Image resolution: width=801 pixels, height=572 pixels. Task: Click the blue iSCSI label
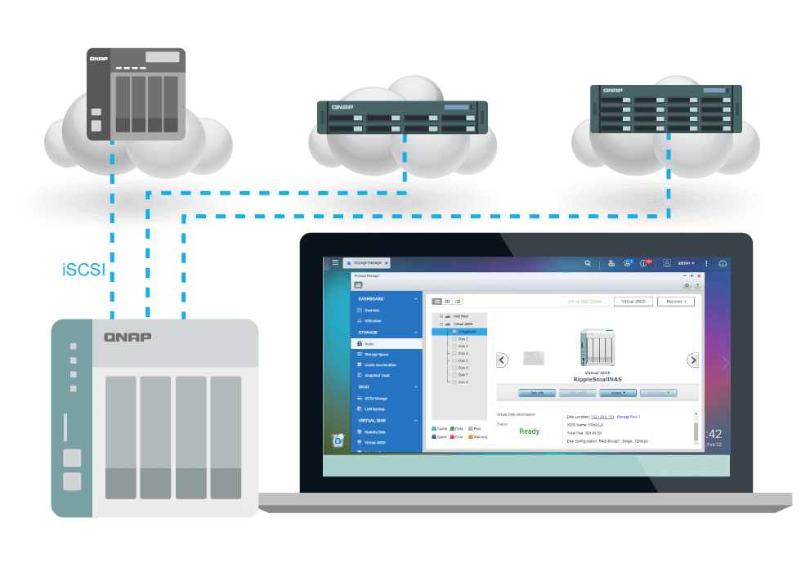coord(84,270)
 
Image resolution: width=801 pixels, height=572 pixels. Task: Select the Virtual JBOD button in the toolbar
coord(633,302)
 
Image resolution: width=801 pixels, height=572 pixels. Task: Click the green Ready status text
coord(529,431)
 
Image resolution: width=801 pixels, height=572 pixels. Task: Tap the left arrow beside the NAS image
coord(503,360)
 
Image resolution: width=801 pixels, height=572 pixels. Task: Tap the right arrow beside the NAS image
coord(692,360)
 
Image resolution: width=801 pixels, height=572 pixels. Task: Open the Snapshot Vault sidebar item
coord(377,375)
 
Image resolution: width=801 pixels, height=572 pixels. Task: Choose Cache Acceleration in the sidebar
coord(379,364)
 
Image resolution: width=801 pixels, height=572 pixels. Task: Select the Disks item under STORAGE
coord(370,344)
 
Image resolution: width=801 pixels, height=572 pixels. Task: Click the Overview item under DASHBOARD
coord(372,311)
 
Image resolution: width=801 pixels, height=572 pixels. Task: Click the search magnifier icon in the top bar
coord(588,264)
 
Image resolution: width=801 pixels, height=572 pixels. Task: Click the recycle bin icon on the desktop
coord(338,440)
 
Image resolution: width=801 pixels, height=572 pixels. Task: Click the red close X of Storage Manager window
coord(699,276)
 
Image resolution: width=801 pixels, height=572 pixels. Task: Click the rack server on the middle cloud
coord(402,118)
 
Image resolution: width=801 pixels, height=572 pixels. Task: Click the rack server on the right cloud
coord(666,109)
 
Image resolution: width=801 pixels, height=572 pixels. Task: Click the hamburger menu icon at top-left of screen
coord(335,263)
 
